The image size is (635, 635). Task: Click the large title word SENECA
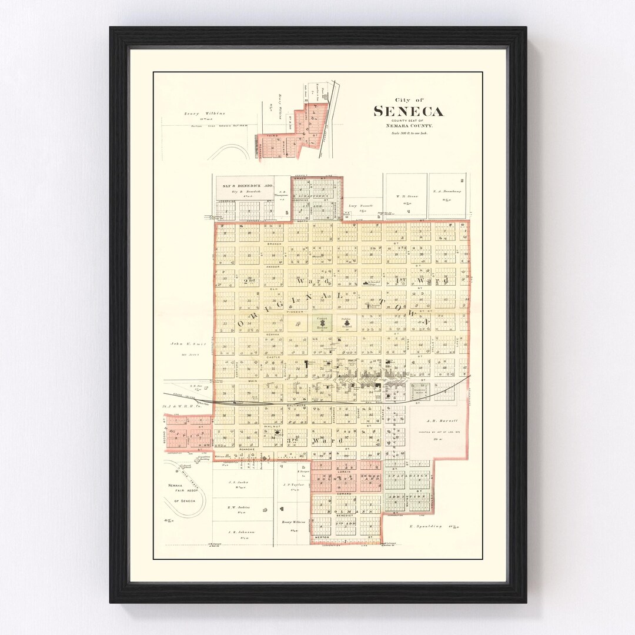[409, 112]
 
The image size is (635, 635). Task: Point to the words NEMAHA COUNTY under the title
[409, 126]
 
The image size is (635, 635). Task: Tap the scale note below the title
[409, 133]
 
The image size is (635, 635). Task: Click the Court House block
[322, 323]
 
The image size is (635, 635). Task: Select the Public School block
[346, 323]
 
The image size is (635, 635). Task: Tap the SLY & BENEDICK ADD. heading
[245, 186]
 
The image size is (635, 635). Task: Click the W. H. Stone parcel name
[405, 196]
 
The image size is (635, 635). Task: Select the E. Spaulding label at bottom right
[425, 526]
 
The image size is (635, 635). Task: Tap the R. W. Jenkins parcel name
[239, 507]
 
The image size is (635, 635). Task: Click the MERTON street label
[322, 537]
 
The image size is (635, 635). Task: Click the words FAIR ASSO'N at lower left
[184, 492]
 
